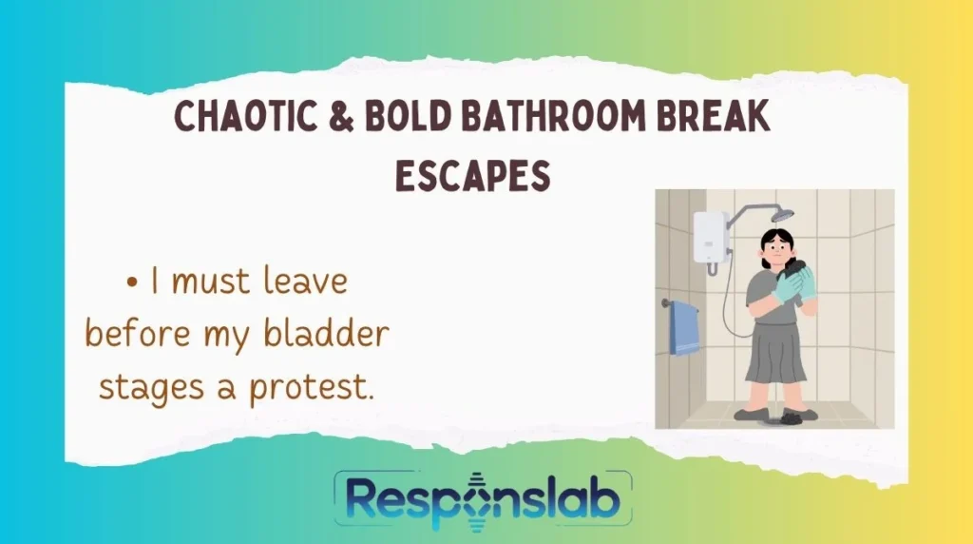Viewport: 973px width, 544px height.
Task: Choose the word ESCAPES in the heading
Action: click(473, 175)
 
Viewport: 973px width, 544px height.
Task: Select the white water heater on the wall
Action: click(711, 237)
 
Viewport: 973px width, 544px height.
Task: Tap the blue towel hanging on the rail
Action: click(684, 328)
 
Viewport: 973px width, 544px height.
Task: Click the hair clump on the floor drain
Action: click(791, 417)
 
